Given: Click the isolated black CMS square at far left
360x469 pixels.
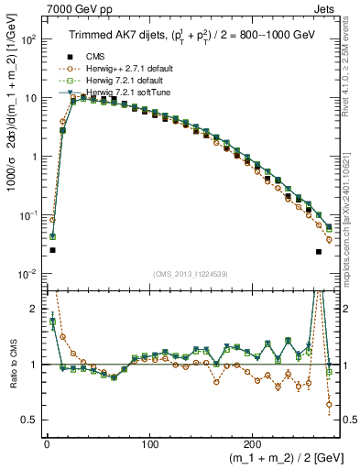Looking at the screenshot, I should pyautogui.click(x=52, y=250).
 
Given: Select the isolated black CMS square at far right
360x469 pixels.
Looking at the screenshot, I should pyautogui.click(x=319, y=251).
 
